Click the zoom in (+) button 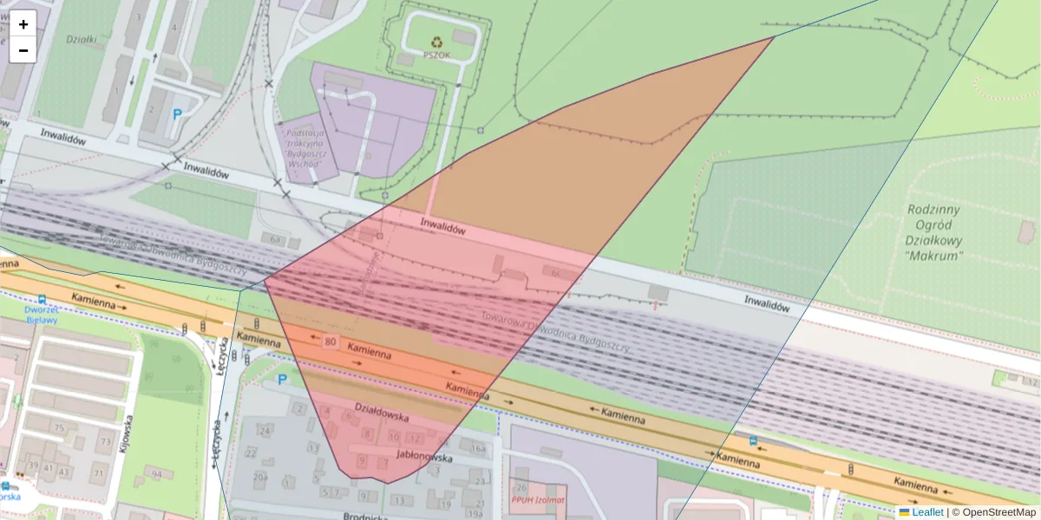point(23,24)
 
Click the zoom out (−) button point(23,50)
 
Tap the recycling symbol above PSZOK point(437,41)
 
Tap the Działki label point(82,39)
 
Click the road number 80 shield point(330,341)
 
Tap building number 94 point(156,474)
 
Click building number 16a point(477,448)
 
